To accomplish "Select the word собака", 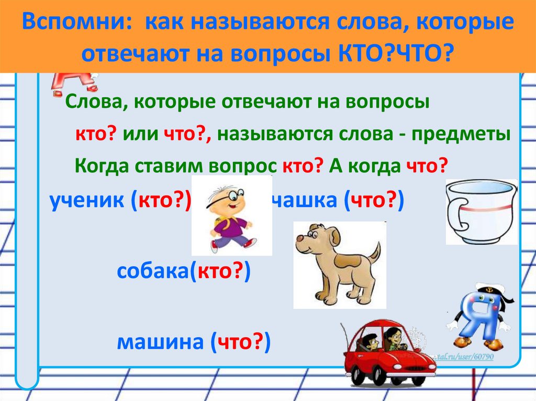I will click(152, 271).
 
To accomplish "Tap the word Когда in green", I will click(102, 166).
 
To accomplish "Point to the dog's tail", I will click(375, 252).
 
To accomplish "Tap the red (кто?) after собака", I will click(220, 271).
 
